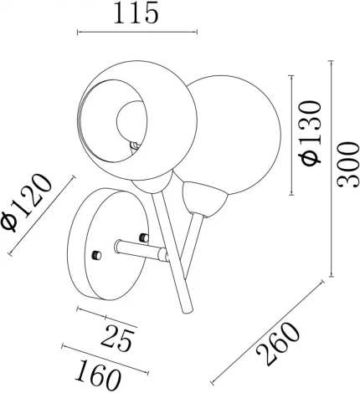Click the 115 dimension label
coord(136,13)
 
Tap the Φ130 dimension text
coord(310,133)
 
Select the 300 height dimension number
coord(347,165)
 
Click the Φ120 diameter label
coord(27,202)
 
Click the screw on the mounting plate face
coord(96,255)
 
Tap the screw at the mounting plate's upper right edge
coord(143,237)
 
